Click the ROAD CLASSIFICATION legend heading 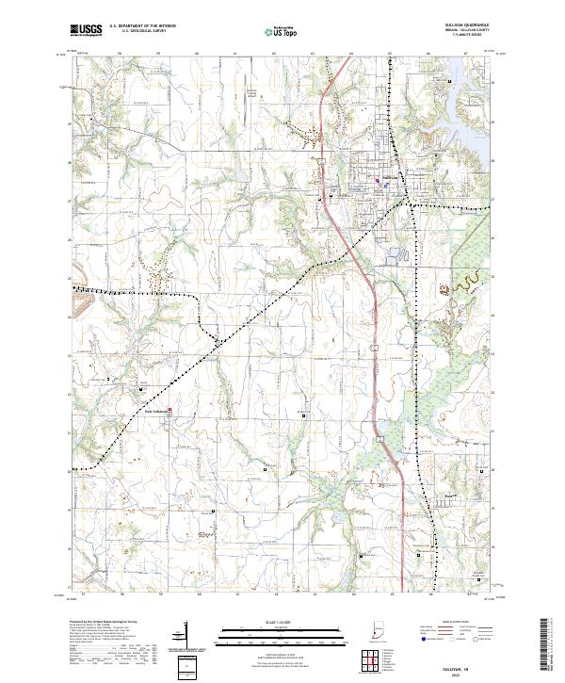point(443,624)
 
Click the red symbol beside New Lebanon point(169,409)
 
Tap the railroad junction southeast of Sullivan point(408,201)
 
